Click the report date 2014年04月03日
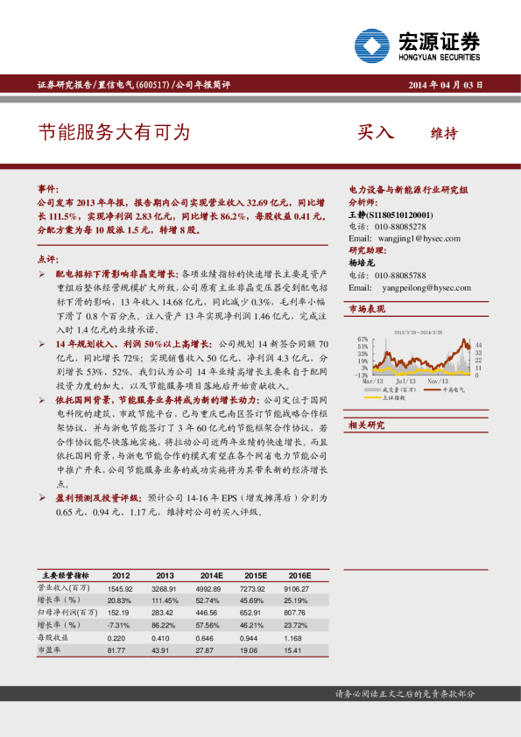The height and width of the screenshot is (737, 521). click(x=446, y=85)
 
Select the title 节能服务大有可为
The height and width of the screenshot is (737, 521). click(x=114, y=132)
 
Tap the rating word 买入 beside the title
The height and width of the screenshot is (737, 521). click(x=376, y=133)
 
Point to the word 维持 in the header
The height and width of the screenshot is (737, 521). click(x=444, y=134)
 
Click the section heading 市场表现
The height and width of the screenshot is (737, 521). click(x=367, y=309)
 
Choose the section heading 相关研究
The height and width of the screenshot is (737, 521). click(x=367, y=425)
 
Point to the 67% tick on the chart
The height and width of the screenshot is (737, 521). click(x=363, y=338)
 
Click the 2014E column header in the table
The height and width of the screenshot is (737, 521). click(x=211, y=575)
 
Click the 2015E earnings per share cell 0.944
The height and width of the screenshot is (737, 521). click(x=255, y=639)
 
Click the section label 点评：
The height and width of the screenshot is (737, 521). click(x=48, y=260)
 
